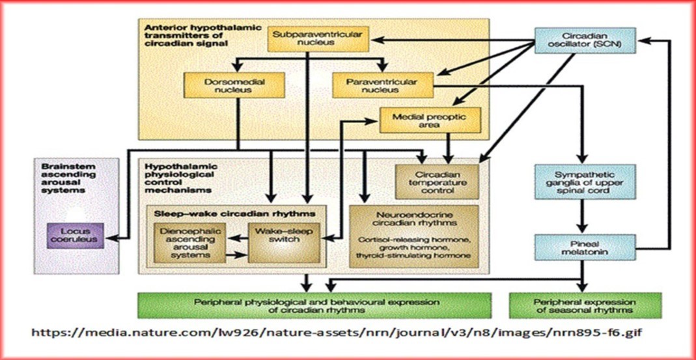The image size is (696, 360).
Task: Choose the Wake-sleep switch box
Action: pos(285,243)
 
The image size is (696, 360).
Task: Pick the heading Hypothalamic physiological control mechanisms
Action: pos(183,176)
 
